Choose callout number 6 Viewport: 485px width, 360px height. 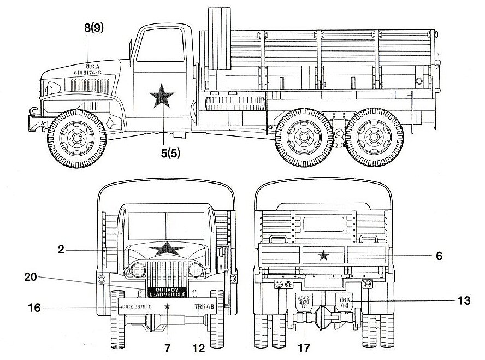(439, 255)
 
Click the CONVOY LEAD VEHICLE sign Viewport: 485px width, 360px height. (167, 292)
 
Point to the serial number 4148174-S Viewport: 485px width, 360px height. (91, 72)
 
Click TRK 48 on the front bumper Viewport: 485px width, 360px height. (204, 306)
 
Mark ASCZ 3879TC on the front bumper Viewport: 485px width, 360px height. (137, 306)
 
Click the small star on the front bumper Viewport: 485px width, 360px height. (167, 306)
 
